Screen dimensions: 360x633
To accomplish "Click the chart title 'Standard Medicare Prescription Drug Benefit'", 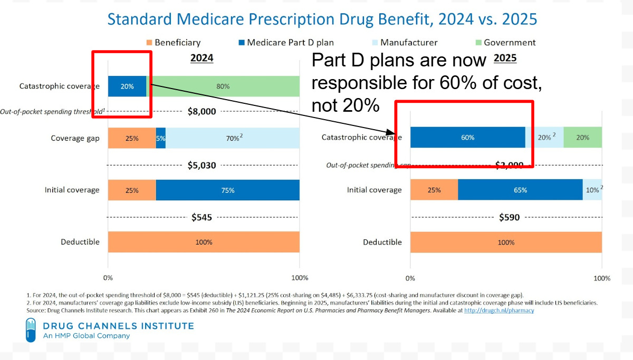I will (322, 20).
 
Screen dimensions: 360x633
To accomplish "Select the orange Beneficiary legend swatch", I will (149, 43).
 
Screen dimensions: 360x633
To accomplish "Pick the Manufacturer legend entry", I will (404, 43).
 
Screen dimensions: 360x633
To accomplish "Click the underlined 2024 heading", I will (202, 57).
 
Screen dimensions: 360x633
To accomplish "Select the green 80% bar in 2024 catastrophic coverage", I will (223, 86).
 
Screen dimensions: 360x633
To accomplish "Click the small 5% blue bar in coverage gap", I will (161, 139).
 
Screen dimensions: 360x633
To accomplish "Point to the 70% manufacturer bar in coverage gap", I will (233, 139).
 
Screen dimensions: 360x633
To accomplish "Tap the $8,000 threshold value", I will (202, 111).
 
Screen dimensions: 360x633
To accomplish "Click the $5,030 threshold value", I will (202, 165).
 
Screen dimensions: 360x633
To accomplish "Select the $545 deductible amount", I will (202, 217).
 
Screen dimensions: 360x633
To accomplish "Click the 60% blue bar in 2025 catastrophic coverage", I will (467, 137).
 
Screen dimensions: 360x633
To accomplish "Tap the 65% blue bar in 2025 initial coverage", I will (520, 190).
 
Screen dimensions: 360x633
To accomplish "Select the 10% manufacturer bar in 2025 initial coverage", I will (592, 190).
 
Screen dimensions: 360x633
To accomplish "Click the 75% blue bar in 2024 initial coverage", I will (227, 190).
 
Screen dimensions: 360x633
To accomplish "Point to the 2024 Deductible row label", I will (80, 242).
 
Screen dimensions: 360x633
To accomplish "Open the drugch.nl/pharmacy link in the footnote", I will (499, 310).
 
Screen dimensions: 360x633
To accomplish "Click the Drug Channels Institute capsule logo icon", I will (31, 330).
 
